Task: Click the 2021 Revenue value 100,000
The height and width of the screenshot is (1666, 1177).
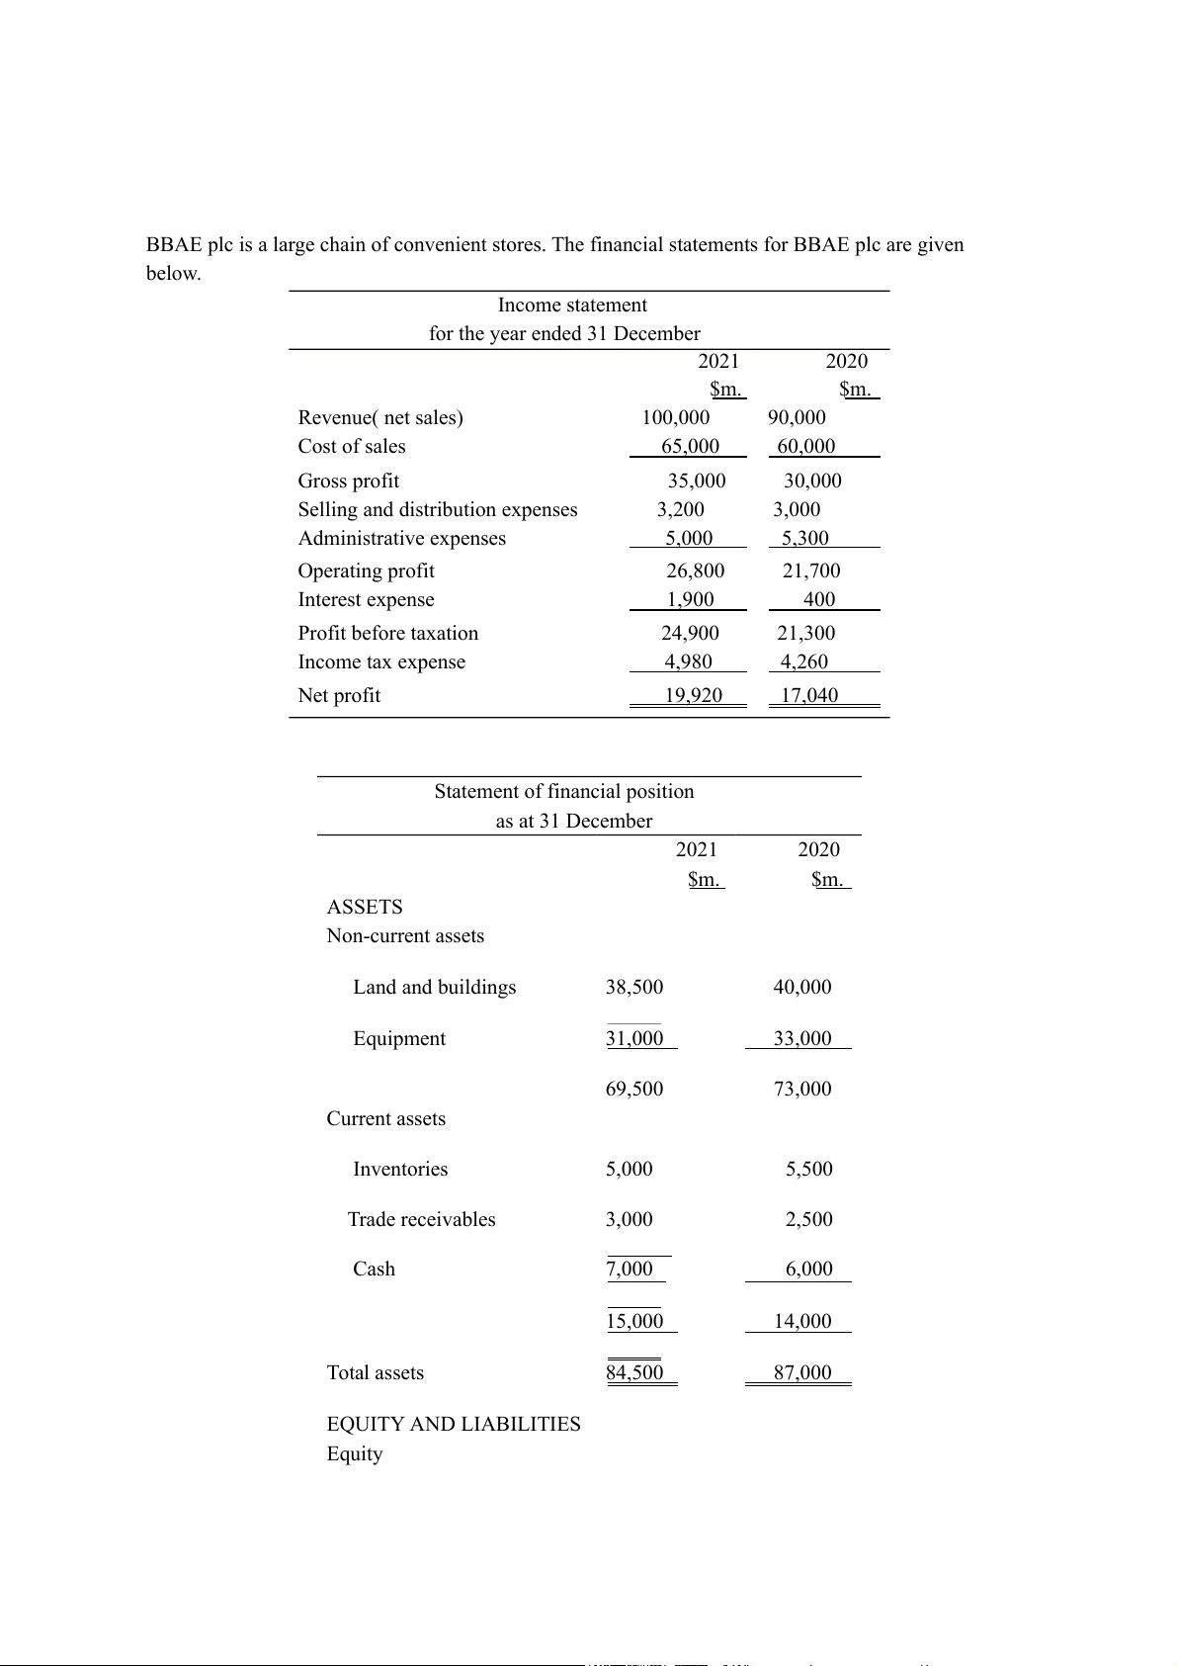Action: tap(676, 418)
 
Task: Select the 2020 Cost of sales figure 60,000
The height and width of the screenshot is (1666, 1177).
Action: tap(806, 447)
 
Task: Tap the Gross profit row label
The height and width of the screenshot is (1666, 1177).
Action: tap(349, 482)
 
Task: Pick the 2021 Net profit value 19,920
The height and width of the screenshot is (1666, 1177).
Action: tap(693, 696)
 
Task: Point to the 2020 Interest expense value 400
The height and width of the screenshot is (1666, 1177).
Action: tap(819, 600)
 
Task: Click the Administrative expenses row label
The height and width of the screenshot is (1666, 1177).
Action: tap(402, 539)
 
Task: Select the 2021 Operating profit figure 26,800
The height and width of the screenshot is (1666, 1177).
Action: tap(695, 571)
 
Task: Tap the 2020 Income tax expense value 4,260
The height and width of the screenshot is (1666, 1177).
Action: tap(803, 662)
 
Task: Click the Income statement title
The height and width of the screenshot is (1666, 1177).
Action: tap(572, 306)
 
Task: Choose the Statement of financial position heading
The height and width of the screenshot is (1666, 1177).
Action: tap(564, 792)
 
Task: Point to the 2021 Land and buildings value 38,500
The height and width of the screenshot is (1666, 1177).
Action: tap(634, 988)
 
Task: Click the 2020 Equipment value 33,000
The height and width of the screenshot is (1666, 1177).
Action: tap(802, 1039)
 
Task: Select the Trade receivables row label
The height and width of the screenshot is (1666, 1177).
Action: tap(422, 1220)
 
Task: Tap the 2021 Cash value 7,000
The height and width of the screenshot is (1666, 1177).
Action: tap(630, 1270)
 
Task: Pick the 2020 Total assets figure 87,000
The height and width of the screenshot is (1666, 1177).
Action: tap(802, 1373)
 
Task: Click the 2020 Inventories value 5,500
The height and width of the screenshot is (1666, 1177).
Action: tap(809, 1170)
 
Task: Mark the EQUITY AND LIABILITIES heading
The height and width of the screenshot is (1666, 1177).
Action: tap(454, 1425)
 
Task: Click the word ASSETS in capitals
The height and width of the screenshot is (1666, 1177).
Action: tap(365, 908)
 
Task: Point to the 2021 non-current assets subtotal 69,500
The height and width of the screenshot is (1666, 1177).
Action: tap(634, 1090)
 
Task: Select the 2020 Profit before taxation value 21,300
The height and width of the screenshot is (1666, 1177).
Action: tap(805, 634)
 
